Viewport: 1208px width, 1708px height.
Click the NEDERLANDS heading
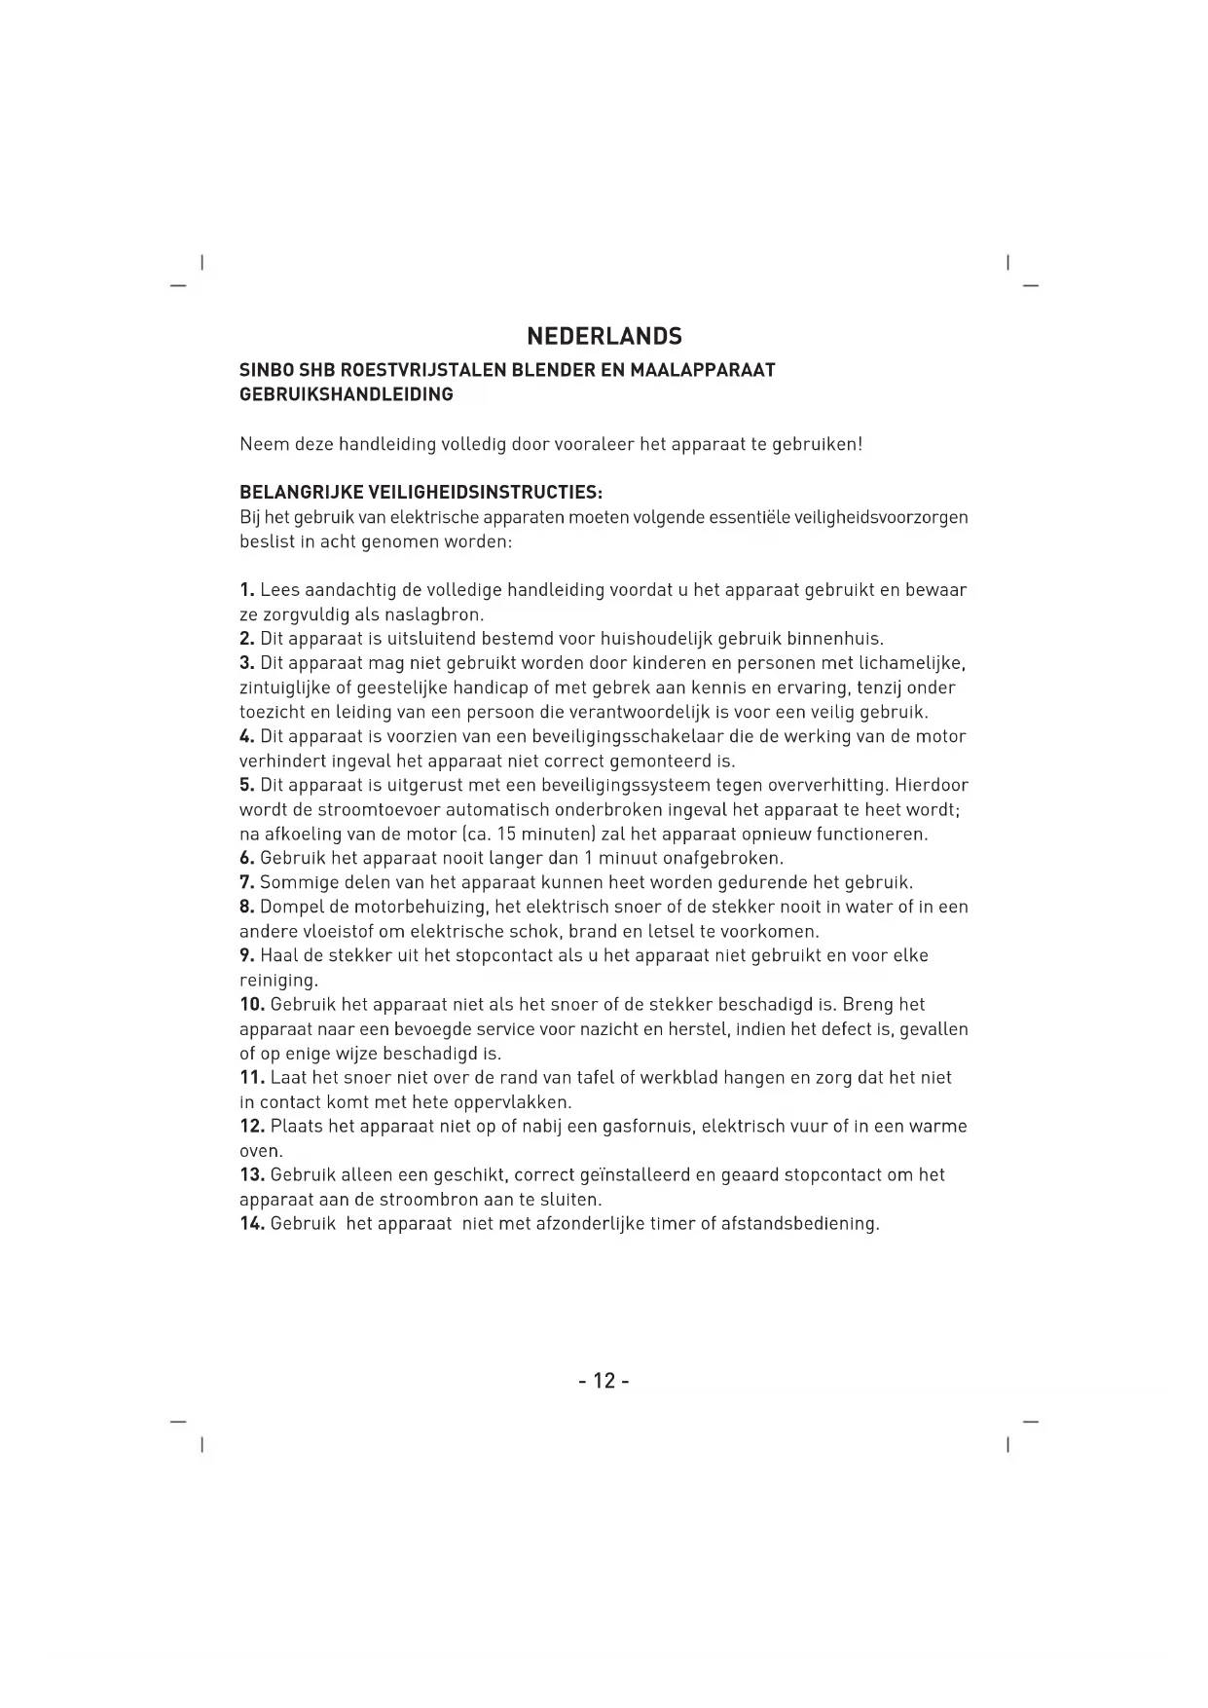(x=604, y=337)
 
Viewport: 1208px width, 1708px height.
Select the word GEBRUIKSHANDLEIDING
(x=347, y=395)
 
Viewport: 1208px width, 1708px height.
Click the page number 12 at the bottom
(x=604, y=1381)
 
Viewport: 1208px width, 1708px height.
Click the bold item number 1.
(x=247, y=591)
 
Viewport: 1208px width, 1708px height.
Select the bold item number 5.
(x=247, y=786)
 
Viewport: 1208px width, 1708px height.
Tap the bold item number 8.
(x=247, y=908)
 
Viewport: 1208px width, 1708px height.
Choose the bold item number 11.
(x=252, y=1078)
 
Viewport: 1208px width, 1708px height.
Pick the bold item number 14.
(x=252, y=1224)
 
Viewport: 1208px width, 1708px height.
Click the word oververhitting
(x=827, y=786)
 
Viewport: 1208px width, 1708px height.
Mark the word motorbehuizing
(x=406, y=908)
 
